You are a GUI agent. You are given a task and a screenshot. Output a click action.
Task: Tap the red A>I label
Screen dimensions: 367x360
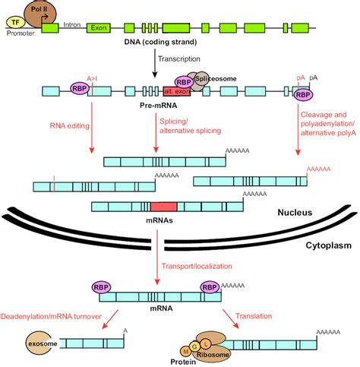click(95, 78)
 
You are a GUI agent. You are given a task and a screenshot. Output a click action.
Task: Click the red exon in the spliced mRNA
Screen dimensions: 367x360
click(163, 207)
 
